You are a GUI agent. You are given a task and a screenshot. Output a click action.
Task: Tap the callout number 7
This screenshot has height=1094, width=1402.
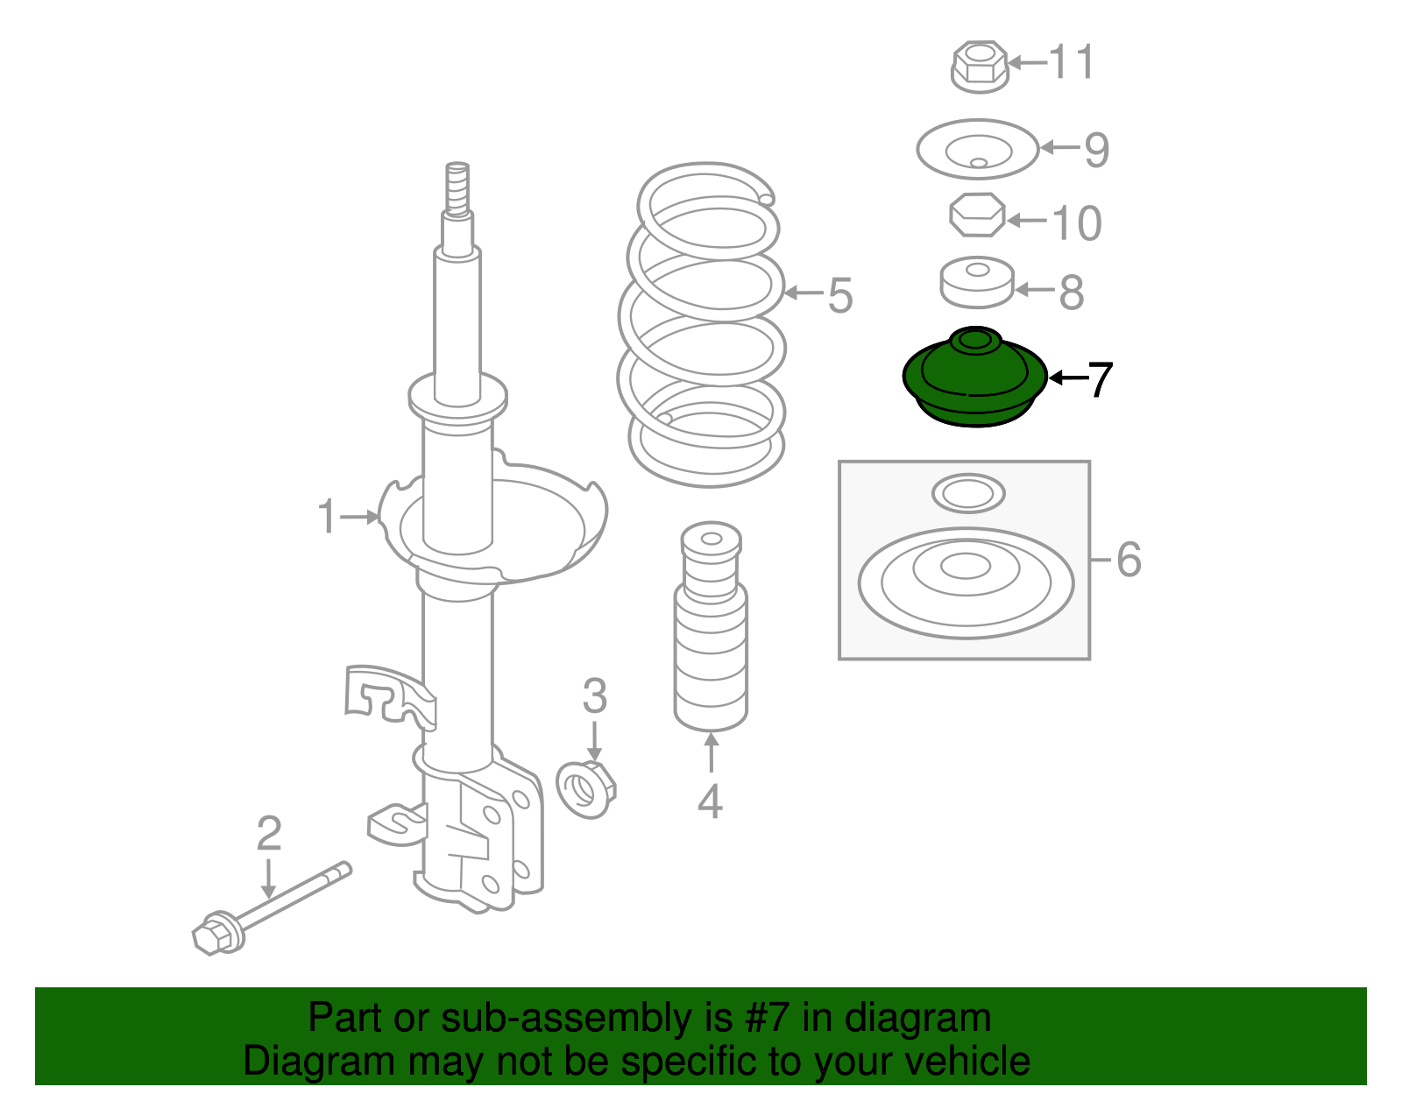[x=1099, y=380]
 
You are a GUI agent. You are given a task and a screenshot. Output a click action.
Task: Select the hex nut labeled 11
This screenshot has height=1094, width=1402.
[x=979, y=66]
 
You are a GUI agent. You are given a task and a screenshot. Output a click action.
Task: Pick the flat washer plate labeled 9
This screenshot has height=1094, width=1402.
[x=978, y=150]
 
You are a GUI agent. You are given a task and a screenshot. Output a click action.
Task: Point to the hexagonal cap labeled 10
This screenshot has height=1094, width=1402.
[x=977, y=215]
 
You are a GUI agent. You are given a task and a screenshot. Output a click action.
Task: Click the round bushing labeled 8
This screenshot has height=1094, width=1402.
[x=976, y=283]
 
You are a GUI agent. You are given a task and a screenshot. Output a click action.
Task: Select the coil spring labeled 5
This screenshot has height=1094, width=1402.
[x=706, y=324]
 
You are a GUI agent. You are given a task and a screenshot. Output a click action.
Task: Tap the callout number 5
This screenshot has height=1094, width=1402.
[x=839, y=295]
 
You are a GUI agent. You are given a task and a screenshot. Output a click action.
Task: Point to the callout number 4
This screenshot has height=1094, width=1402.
[x=710, y=801]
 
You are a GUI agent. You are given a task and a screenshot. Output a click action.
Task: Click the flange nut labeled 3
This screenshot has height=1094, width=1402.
[x=586, y=789]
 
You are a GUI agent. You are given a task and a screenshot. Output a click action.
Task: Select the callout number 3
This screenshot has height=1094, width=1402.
[x=594, y=697]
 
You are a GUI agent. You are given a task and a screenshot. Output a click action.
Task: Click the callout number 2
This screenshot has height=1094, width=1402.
[x=268, y=834]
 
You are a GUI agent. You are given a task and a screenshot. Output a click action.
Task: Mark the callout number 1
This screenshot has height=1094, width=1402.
[x=327, y=517]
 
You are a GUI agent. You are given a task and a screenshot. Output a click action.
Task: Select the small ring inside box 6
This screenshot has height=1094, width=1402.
[x=967, y=494]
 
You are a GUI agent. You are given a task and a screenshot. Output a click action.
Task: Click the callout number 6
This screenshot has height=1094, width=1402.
[x=1129, y=559]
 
